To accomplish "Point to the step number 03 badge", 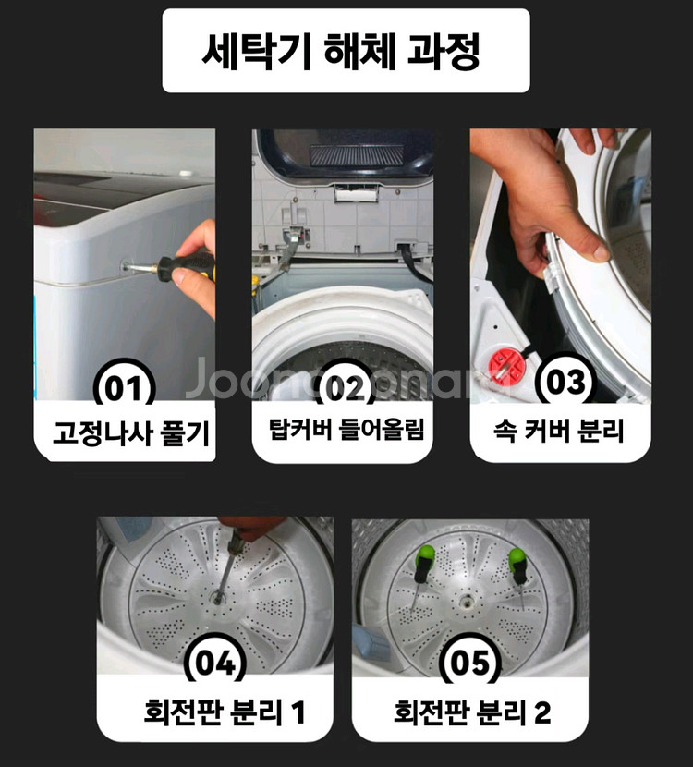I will (561, 383).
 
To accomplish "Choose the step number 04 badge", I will (216, 664).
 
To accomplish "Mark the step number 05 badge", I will (470, 664).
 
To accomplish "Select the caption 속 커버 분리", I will (561, 431).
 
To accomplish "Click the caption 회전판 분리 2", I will (472, 712).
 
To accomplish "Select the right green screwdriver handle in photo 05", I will (517, 560).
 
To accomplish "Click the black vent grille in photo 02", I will (357, 154).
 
